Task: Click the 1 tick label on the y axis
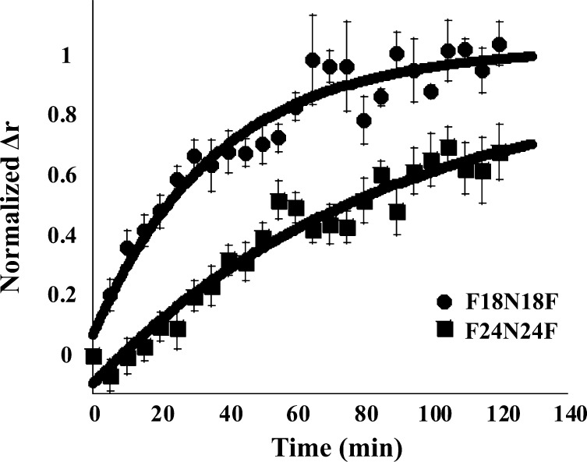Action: (67, 55)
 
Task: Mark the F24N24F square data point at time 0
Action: (94, 357)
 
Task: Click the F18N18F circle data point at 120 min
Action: (499, 44)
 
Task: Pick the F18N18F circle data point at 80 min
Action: (363, 121)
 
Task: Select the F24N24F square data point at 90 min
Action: (398, 212)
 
